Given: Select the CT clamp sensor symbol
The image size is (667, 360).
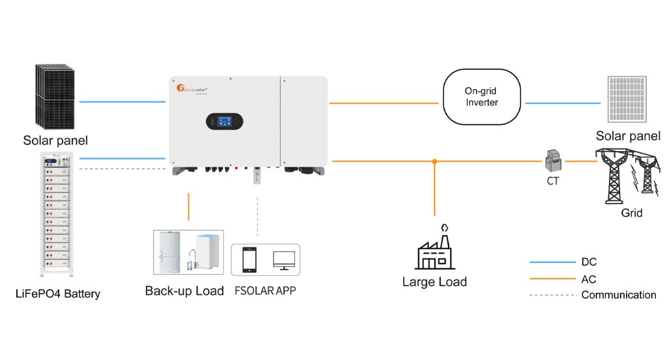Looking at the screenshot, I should [x=553, y=160].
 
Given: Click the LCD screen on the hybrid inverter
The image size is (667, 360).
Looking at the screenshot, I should [x=224, y=121].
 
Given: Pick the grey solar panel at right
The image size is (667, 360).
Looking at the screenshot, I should [x=628, y=100].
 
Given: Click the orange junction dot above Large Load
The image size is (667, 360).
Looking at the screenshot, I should [x=434, y=161].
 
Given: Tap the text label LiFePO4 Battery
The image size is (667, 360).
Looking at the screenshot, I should [x=57, y=294].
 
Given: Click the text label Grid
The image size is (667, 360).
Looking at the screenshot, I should [x=631, y=214].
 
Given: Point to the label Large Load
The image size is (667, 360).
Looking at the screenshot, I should [x=434, y=282].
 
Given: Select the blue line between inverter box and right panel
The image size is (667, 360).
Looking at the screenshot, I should [x=562, y=103].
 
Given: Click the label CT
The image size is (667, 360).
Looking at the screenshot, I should [x=552, y=182].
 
